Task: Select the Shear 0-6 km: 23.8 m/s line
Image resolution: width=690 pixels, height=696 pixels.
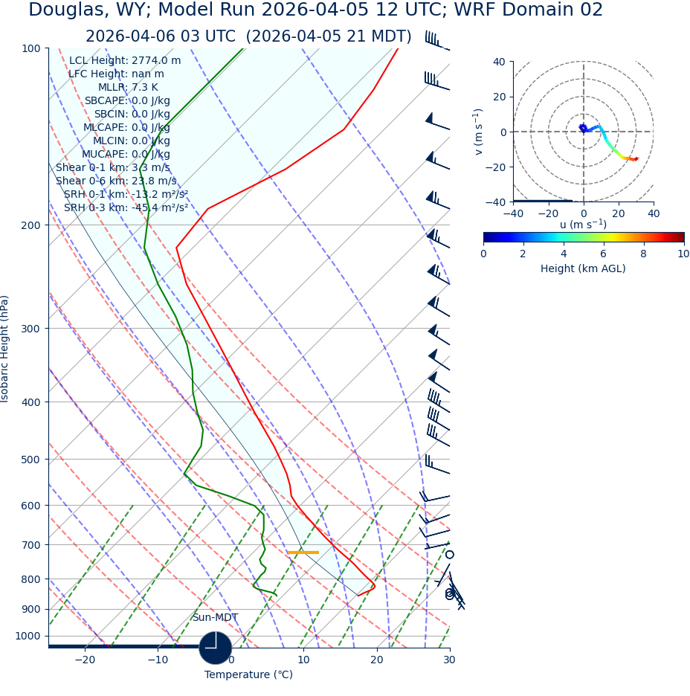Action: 116,181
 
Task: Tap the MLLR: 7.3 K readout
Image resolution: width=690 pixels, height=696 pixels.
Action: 128,88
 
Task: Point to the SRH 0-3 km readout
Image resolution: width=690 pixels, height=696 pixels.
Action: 126,207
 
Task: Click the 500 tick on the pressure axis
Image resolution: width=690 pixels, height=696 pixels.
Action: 30,460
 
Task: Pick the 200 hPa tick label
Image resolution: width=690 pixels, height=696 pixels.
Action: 30,225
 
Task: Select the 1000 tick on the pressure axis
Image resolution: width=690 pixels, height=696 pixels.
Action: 28,637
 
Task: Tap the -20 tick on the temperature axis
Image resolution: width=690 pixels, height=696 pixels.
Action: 85,660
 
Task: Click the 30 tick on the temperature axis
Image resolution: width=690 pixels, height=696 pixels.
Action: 449,660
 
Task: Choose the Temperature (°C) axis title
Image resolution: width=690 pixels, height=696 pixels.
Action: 248,675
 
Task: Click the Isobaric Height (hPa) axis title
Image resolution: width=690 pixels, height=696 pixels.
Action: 6,349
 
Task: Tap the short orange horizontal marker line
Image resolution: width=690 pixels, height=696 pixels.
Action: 303,552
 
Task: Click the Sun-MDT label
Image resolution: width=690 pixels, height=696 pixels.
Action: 215,618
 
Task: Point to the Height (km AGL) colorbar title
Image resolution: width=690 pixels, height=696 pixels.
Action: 583,268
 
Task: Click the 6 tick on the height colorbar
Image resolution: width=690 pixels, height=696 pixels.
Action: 604,254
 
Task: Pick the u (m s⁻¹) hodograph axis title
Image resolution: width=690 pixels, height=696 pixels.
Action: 583,225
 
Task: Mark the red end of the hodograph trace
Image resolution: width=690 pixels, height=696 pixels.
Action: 636,158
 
